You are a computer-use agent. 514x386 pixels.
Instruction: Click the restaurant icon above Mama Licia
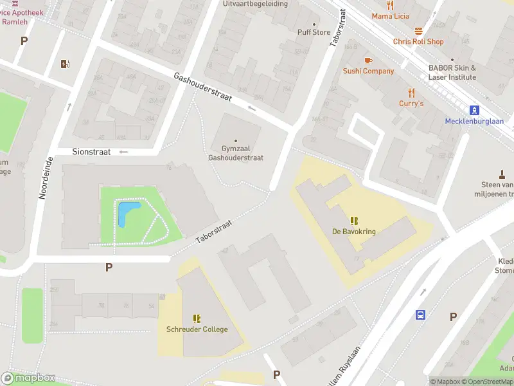click(x=390, y=5)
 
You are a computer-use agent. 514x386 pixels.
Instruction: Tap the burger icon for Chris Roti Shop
click(x=418, y=31)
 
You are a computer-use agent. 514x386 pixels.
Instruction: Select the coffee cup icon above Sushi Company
click(x=368, y=60)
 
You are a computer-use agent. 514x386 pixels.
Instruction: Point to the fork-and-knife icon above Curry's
click(x=411, y=93)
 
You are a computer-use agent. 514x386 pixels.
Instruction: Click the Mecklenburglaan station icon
click(x=475, y=110)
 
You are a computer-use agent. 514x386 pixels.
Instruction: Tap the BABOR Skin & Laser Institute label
click(x=452, y=72)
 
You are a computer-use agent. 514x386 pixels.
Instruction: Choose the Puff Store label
click(x=314, y=32)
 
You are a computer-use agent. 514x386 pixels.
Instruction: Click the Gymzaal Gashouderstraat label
click(x=236, y=153)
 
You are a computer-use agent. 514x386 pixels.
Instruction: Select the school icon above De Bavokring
click(x=353, y=221)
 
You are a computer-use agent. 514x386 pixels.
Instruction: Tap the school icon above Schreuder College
click(x=197, y=318)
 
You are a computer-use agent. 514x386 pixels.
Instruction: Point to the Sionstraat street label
click(x=92, y=152)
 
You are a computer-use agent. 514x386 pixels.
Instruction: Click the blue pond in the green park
click(x=127, y=213)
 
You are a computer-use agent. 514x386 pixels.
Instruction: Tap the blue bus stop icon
click(x=420, y=315)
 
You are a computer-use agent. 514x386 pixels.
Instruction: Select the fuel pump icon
click(x=64, y=63)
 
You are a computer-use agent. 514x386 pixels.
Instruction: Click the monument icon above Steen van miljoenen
click(x=502, y=174)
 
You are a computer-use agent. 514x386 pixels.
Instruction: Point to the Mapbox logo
click(x=28, y=378)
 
